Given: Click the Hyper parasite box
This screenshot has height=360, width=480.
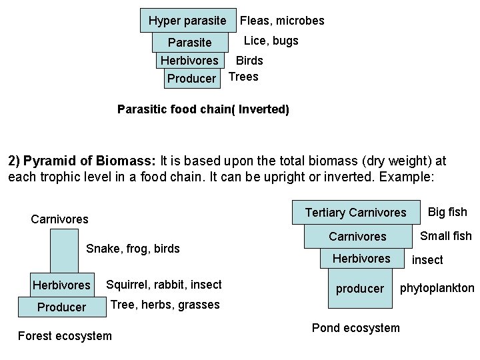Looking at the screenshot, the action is [187, 21].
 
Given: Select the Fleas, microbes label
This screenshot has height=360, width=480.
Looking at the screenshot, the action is [282, 21].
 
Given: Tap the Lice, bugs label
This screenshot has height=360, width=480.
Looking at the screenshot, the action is [271, 41].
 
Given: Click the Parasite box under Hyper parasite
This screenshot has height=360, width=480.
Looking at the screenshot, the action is [189, 43].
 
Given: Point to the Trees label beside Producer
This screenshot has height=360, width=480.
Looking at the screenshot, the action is [243, 76].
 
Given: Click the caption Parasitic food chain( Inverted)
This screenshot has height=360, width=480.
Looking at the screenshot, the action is [203, 109].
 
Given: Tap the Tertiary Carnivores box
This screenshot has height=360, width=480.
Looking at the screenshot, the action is [355, 213].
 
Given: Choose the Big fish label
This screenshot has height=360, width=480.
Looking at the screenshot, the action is [447, 212].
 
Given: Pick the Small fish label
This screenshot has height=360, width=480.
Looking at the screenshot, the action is [445, 235].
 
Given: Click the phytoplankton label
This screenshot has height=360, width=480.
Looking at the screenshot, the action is [437, 288].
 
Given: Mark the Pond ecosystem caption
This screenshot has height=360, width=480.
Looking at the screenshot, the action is [356, 327].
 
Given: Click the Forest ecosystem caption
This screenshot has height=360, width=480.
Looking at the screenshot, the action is [65, 335].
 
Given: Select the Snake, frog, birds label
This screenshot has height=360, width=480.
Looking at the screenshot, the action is [133, 249].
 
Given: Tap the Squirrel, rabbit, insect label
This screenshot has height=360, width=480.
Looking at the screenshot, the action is [164, 285].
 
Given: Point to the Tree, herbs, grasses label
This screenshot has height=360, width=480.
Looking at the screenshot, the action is [165, 305].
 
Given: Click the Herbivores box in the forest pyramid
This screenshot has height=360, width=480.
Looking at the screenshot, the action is [61, 285].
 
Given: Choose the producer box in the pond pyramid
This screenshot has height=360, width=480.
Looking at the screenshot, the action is [359, 289].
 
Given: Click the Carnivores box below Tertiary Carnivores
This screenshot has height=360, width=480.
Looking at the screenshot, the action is [357, 237].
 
